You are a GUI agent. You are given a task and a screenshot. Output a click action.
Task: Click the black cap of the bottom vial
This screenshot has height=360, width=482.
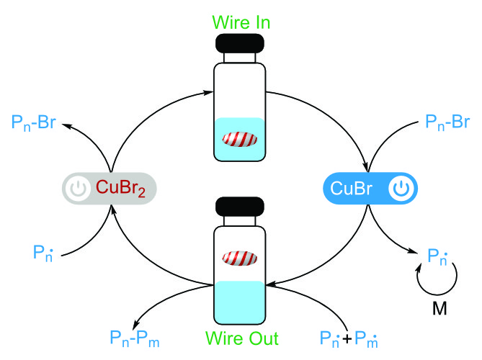[240, 205]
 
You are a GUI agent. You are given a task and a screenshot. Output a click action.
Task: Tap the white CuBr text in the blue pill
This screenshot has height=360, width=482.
[352, 189]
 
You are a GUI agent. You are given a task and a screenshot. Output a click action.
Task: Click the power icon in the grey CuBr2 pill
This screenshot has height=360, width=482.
[76, 189]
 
